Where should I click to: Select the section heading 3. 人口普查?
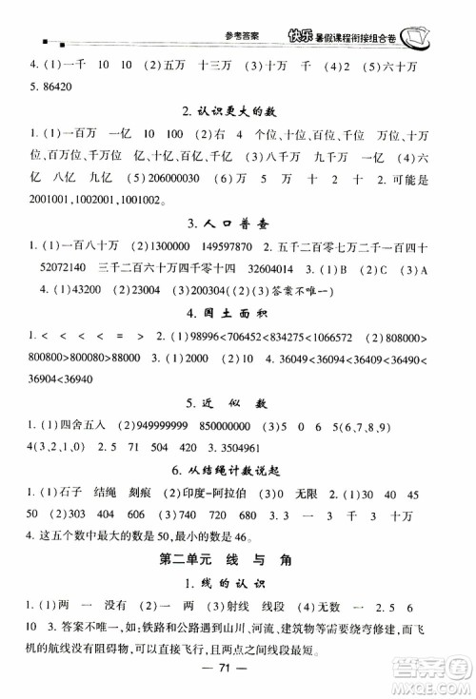pyautogui.click(x=237, y=223)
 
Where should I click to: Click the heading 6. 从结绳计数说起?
pyautogui.click(x=237, y=469)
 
